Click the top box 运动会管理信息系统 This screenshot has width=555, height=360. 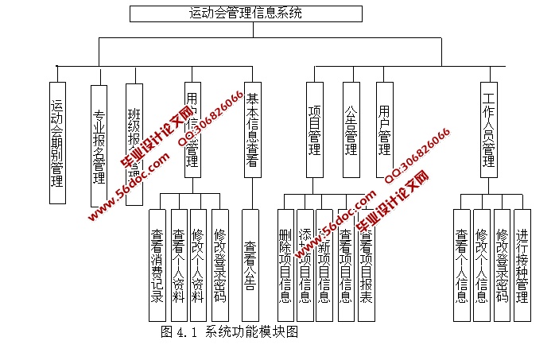245,14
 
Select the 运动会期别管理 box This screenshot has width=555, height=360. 57,142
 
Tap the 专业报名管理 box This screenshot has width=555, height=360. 99,146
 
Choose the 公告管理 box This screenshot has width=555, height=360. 351,130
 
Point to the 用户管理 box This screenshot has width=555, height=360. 385,130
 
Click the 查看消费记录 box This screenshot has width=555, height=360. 158,265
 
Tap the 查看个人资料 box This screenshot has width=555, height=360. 179,265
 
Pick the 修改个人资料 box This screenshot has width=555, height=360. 200,265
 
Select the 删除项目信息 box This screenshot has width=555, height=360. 285,265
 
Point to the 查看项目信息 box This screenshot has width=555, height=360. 345,265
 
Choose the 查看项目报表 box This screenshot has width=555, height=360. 366,265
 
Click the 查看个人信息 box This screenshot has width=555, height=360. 461,265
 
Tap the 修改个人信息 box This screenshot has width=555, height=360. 481,265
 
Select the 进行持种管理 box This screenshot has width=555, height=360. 522,265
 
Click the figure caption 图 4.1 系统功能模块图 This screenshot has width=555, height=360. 229,332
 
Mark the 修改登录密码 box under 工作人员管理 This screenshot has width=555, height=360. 501,265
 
